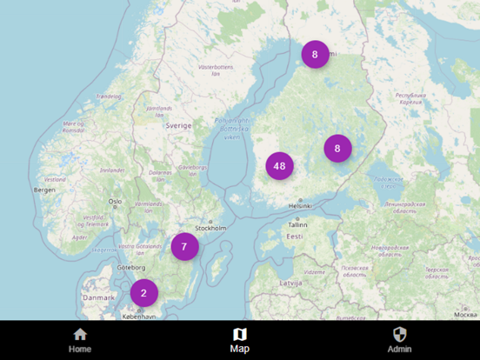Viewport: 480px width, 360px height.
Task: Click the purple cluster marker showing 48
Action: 279,165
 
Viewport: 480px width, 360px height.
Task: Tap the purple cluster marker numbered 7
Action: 184,247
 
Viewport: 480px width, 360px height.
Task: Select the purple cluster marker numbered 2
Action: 144,293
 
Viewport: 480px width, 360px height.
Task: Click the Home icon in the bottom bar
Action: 80,334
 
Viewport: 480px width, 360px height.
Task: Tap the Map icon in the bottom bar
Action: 240,334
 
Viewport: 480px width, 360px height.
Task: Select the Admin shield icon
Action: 400,334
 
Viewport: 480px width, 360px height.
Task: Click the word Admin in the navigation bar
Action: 400,349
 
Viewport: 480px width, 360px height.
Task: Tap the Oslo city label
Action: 115,202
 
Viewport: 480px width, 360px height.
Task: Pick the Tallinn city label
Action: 298,224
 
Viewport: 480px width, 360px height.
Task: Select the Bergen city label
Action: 44,189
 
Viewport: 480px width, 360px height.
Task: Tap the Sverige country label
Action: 178,125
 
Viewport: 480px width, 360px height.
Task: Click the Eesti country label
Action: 295,237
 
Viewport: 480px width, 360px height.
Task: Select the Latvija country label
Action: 290,283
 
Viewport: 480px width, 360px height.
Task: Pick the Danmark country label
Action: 98,297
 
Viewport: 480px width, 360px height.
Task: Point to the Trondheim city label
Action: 109,97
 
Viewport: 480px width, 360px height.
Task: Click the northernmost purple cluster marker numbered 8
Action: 315,54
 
